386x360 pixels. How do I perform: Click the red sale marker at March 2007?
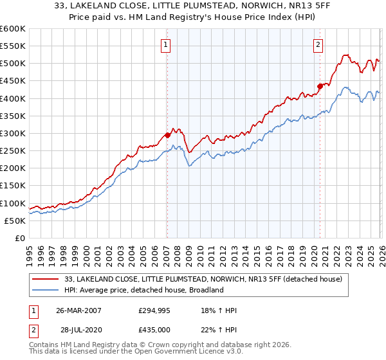pos(167,135)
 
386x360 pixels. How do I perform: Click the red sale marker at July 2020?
pos(319,86)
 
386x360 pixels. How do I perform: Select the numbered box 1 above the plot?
pos(166,44)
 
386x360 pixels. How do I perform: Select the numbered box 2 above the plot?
pos(318,44)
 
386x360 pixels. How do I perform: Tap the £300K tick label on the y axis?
pos(13,133)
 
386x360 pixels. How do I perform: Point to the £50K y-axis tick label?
pos(15,221)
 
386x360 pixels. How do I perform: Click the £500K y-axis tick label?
pos(13,63)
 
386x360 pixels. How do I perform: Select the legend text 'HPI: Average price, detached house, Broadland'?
pos(143,290)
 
